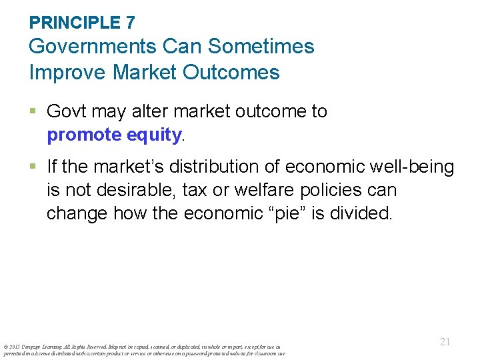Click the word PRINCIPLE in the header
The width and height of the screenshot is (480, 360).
(74, 23)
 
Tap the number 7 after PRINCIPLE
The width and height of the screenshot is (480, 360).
(130, 23)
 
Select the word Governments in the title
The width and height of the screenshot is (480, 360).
(90, 47)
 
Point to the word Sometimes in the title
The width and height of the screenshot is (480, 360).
(261, 47)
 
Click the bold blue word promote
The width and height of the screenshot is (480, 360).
(84, 135)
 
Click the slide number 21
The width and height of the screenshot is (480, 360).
(445, 341)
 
